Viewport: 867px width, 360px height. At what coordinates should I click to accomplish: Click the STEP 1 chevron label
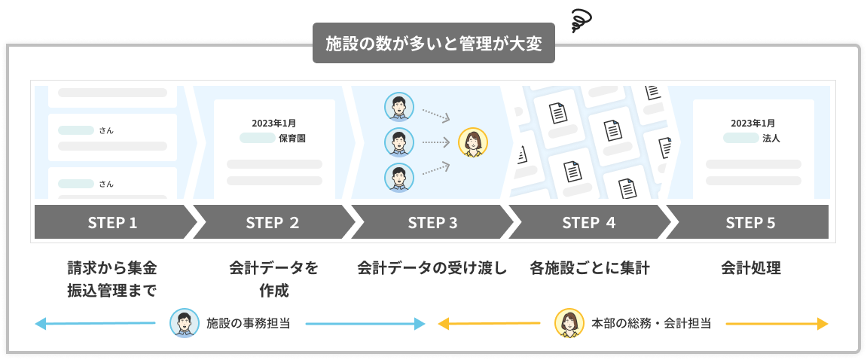coord(112,222)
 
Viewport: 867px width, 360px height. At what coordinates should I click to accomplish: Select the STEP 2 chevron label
coord(272,222)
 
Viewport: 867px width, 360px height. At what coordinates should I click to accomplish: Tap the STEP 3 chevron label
coord(432,222)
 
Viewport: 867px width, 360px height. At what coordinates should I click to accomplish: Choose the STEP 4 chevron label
coord(588,222)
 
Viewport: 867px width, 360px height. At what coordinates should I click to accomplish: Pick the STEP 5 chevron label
coord(750,222)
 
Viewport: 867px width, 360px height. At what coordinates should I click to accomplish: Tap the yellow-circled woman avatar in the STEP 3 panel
coord(473,142)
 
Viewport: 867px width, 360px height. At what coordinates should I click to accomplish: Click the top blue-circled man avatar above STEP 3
coord(398,106)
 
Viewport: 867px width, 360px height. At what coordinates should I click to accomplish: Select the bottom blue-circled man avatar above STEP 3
coord(398,178)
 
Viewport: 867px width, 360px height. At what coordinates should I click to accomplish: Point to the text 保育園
coord(292,139)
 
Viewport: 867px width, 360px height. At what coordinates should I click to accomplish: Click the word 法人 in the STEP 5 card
coord(771,139)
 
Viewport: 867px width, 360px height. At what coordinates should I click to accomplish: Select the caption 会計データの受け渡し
coord(432,268)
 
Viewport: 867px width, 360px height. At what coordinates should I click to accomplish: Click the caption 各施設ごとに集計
coord(589,268)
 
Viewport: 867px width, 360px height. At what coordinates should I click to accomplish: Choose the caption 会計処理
coord(750,268)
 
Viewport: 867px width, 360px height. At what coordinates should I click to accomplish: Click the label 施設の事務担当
coord(249,324)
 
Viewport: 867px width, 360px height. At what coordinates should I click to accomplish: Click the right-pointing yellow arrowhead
coord(823,324)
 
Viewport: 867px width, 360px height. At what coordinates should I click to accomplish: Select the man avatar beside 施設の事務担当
coord(184,323)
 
